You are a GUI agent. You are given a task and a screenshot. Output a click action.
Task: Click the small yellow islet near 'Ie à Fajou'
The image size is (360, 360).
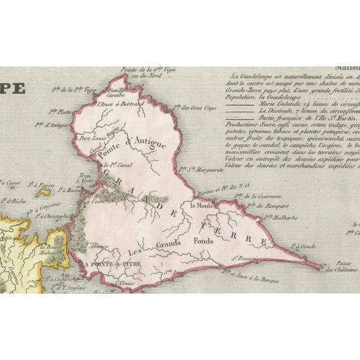[x=43, y=192]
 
